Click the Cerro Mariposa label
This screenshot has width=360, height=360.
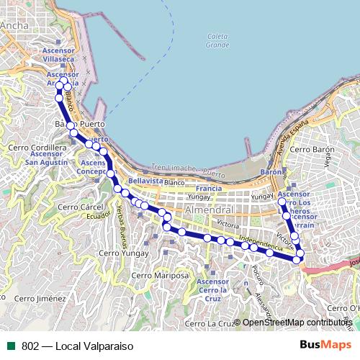[164, 275]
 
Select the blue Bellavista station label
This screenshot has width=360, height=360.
[146, 181]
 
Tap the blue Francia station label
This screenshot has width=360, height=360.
[208, 189]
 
